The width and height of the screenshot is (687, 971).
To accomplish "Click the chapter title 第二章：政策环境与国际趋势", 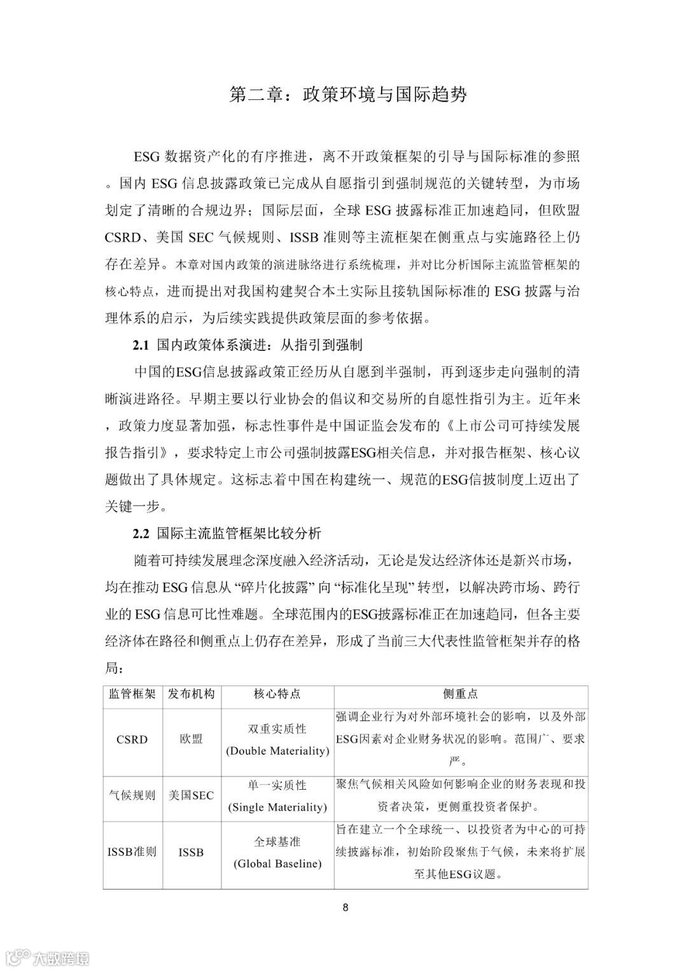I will (x=348, y=95).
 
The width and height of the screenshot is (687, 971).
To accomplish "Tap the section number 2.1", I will (x=140, y=345).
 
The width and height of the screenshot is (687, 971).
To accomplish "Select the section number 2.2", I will (x=140, y=533).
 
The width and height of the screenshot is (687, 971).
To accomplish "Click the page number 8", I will (x=345, y=907).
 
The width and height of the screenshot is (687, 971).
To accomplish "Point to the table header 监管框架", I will (x=132, y=694).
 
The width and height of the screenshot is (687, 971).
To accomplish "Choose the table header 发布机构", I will (x=191, y=694).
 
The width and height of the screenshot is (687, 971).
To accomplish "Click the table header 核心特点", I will (x=277, y=694).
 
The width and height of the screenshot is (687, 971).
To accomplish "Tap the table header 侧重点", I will (x=461, y=694).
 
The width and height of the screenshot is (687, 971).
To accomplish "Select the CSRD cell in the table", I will (x=132, y=740).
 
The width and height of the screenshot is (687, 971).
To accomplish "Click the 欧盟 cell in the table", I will (x=191, y=740).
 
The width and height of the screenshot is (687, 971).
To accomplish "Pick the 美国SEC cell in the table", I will (x=191, y=795).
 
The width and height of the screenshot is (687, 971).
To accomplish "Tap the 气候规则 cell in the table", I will (x=132, y=795).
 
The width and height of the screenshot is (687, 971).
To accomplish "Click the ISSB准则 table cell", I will (x=132, y=852).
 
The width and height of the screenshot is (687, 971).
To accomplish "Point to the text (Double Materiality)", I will (x=277, y=751).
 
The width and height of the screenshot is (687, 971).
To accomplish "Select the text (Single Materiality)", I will (x=277, y=808).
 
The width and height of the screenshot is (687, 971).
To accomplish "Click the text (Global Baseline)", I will (x=277, y=864).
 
